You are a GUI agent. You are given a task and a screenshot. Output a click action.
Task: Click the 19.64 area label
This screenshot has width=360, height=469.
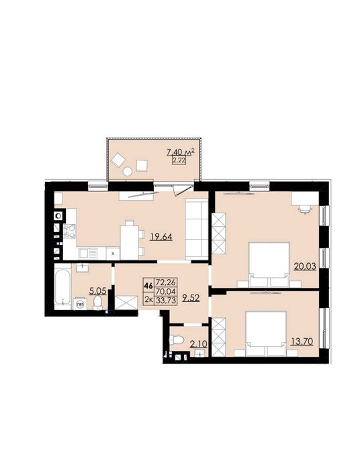pos(162,238)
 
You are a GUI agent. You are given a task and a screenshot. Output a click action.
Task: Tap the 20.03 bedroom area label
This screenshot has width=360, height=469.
pos(305,266)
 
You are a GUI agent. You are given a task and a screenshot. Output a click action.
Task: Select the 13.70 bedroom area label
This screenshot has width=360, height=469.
pos(302,341)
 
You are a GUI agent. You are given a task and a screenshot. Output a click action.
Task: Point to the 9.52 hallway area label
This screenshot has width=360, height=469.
pos(191,298)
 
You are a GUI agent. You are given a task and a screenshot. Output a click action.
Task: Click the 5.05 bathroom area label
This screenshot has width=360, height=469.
pos(98,291)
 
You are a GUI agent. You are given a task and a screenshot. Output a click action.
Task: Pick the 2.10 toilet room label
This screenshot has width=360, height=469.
pos(198,344)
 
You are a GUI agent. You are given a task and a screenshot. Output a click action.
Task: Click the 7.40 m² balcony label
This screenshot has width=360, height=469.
pos(181,152)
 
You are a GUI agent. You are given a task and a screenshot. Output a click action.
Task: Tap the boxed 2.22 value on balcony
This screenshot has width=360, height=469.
pos(179,160)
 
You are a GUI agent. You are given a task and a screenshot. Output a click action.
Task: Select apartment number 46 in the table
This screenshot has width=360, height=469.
pos(148,286)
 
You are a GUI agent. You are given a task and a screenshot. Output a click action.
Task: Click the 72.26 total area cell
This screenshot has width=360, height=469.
pos(166,282)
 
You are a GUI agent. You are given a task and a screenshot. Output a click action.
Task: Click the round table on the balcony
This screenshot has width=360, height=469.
pos(128,172)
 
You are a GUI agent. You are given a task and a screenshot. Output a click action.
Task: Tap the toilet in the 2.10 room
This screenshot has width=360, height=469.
pos(177,340)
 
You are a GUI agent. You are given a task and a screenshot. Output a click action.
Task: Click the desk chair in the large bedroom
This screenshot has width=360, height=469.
pos(305,209)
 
